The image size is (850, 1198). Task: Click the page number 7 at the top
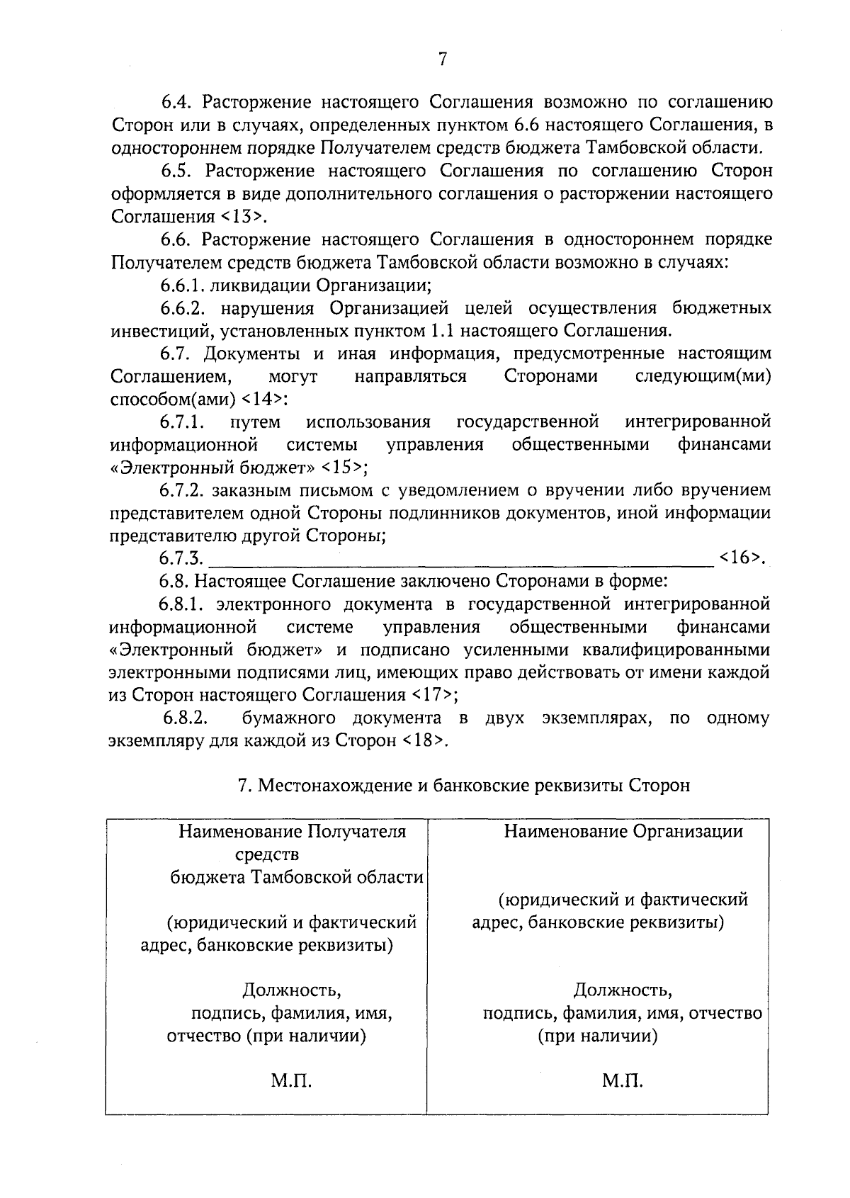coord(442,60)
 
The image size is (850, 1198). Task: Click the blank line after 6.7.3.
coord(460,560)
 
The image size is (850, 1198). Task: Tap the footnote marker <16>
coord(741,558)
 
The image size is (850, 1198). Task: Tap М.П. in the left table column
coord(291,1082)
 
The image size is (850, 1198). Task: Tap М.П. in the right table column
coord(623,1082)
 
